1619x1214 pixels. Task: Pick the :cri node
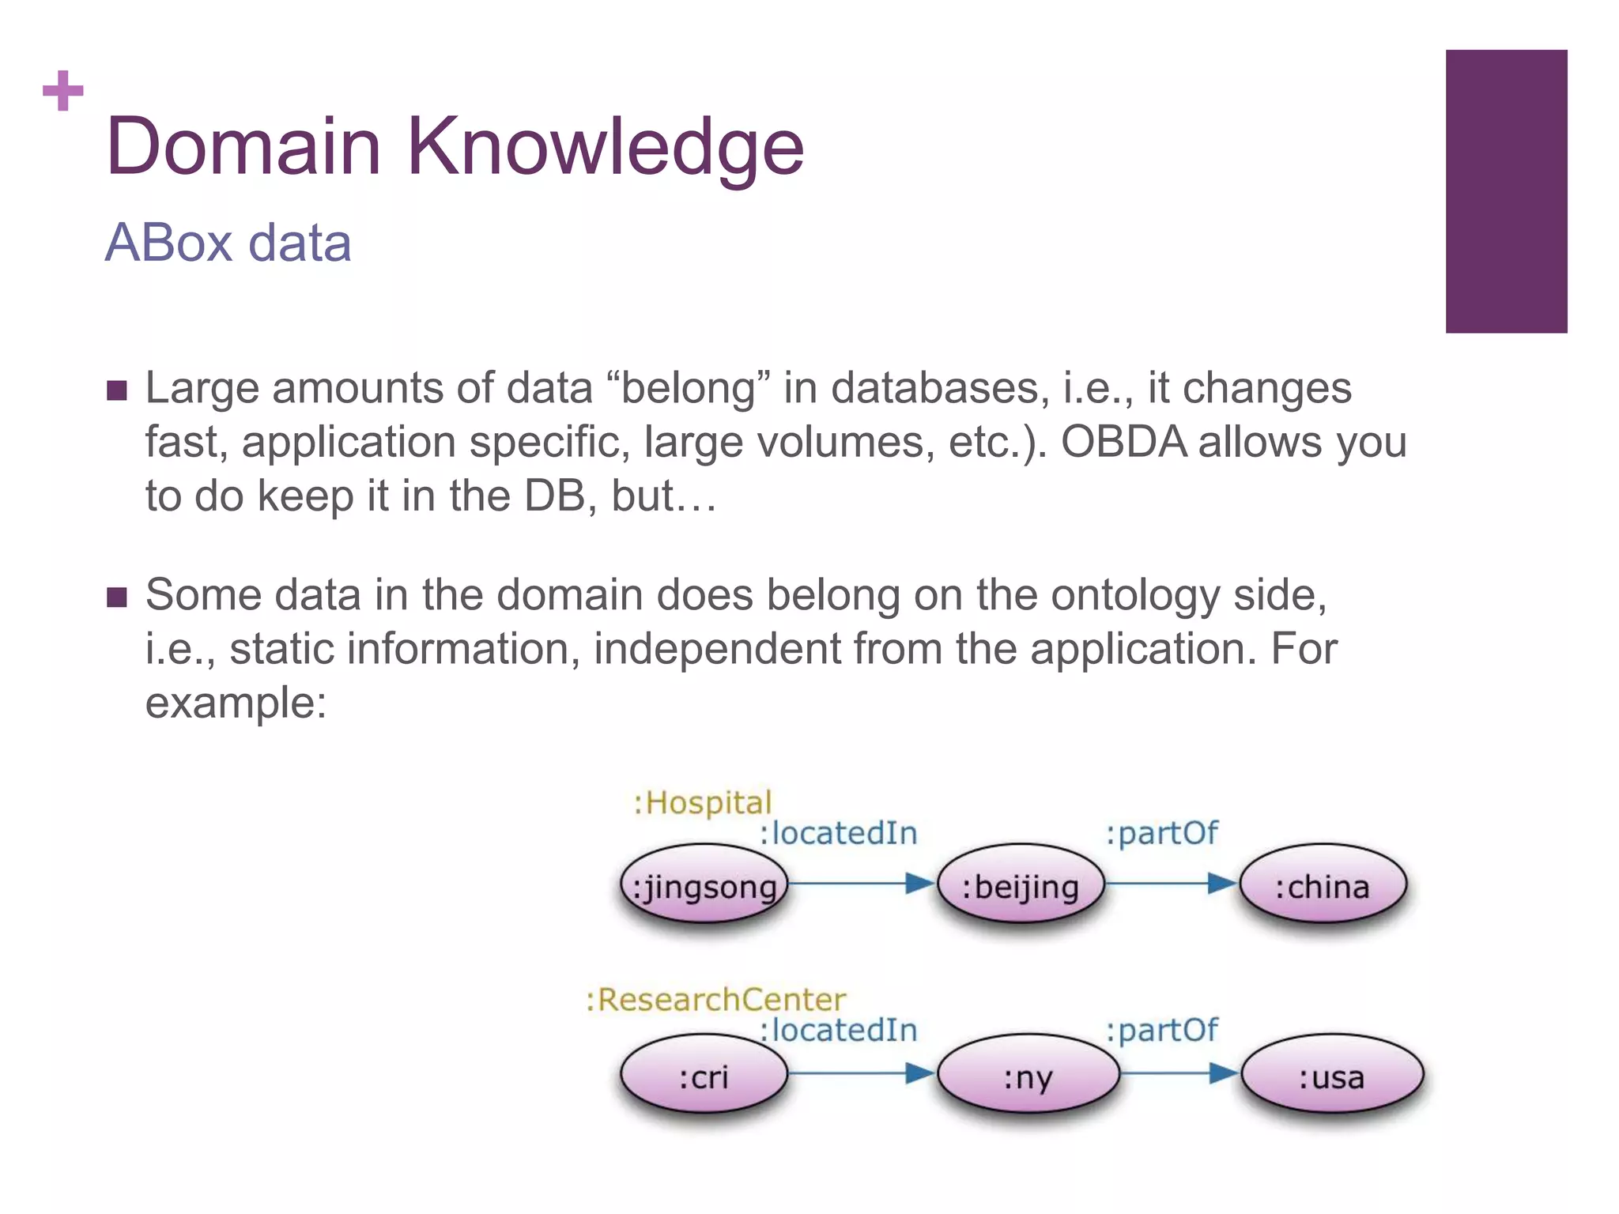click(704, 1076)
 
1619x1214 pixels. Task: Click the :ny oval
click(1028, 1076)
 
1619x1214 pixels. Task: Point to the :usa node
click(1332, 1076)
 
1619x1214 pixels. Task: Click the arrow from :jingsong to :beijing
click(862, 883)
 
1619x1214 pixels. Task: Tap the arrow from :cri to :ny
click(862, 1073)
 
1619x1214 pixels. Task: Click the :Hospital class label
click(702, 803)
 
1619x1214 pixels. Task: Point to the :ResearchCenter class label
click(715, 1000)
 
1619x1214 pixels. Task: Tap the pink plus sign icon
click(63, 91)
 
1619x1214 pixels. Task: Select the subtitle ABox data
click(228, 243)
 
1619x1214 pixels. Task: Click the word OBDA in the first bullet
click(1123, 442)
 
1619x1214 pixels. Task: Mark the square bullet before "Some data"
click(117, 597)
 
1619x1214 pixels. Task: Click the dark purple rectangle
click(1505, 191)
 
